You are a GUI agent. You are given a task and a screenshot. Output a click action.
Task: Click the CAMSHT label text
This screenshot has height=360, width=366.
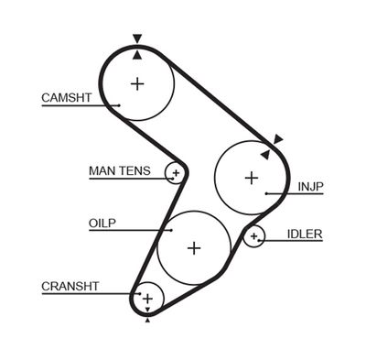coord(66,98)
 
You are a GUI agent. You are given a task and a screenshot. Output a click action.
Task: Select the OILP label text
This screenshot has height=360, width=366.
coord(102,223)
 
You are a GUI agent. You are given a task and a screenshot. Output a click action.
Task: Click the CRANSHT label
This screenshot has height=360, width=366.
coord(70,287)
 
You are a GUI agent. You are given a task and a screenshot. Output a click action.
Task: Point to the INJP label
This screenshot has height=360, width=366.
coord(310,187)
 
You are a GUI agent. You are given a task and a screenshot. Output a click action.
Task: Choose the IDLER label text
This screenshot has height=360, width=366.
coord(305,234)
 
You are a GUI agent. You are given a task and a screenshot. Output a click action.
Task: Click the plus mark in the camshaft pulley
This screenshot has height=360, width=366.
coord(137,84)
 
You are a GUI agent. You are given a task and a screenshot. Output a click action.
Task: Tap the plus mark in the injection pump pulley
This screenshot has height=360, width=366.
coord(252,177)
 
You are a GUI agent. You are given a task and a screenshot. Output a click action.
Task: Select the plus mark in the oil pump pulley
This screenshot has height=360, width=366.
coord(193,247)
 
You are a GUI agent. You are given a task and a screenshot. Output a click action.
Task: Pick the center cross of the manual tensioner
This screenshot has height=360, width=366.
coord(174,172)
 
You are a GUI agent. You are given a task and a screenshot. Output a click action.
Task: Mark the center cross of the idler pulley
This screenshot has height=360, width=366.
coord(253,237)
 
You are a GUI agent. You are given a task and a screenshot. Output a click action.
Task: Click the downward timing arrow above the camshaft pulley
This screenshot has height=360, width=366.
coord(137,39)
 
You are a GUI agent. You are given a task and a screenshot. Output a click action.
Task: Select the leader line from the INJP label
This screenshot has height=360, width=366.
coord(279,193)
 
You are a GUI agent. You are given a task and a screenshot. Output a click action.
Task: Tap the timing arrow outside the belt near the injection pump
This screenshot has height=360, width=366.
coord(277,139)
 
